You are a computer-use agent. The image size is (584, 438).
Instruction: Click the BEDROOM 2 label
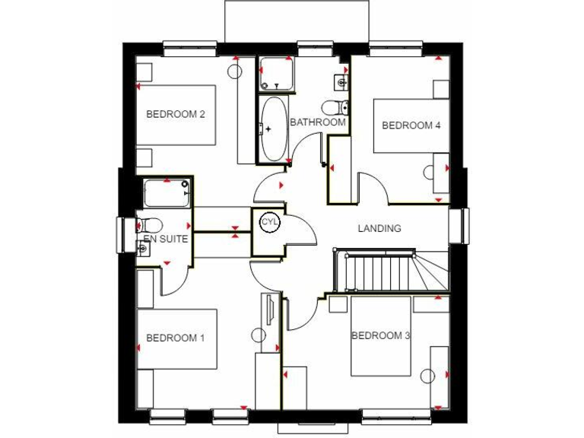[x=176, y=115]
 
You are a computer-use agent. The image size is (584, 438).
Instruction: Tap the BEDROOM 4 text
[x=411, y=125]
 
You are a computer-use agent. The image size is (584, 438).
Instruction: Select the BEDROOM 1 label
[x=176, y=338]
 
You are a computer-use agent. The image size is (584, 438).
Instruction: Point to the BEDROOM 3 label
[x=380, y=335]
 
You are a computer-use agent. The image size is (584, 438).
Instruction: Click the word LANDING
[x=379, y=228]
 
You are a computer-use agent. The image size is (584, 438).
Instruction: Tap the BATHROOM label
[x=317, y=122]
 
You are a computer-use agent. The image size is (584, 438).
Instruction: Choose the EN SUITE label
[x=165, y=239]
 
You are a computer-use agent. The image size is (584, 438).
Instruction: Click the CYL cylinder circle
[x=269, y=222]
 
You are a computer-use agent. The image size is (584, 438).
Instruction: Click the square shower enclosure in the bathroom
[x=275, y=73]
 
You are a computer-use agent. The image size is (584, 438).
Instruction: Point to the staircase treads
[x=376, y=272]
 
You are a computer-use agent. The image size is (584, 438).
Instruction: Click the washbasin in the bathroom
[x=340, y=81]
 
